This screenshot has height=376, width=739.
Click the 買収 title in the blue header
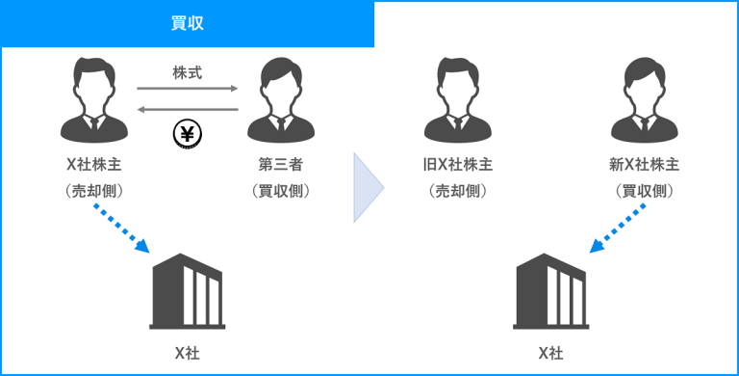click(x=187, y=23)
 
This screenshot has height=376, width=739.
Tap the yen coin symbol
click(x=187, y=134)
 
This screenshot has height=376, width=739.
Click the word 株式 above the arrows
click(x=187, y=73)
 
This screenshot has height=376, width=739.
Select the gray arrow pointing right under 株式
click(x=188, y=89)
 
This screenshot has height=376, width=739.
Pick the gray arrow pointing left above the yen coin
click(x=188, y=110)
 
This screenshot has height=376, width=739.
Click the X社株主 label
click(x=94, y=165)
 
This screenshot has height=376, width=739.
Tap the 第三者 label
click(x=280, y=165)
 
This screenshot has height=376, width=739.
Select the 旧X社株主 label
click(x=458, y=165)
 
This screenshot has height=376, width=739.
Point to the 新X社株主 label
click(x=645, y=165)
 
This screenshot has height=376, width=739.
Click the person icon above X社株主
click(x=94, y=99)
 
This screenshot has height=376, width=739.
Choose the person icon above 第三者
click(x=281, y=99)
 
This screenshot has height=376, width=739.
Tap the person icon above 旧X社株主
click(x=458, y=99)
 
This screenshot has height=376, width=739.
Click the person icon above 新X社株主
click(x=645, y=99)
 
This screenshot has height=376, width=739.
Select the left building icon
click(x=187, y=291)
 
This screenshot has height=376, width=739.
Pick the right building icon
click(x=551, y=291)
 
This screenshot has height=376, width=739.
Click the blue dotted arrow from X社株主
click(x=121, y=228)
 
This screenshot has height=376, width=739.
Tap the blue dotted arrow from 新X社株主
click(x=618, y=228)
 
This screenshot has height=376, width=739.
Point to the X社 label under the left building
click(x=187, y=353)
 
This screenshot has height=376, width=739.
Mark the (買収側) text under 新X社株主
click(x=645, y=190)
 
